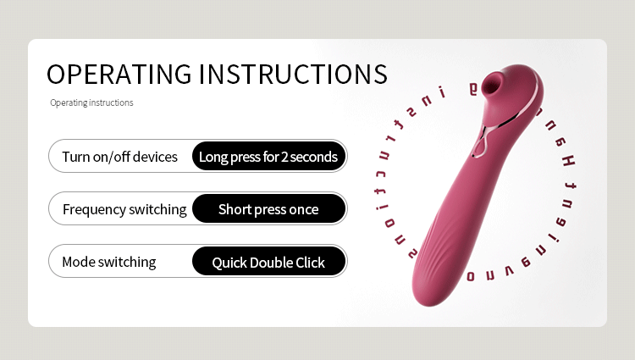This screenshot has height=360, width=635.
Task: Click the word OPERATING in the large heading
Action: [118, 74]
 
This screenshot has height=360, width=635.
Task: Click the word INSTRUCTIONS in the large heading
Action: [293, 74]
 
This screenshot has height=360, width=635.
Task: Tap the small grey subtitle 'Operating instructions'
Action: [91, 103]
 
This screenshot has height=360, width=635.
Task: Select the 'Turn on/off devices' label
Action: [120, 157]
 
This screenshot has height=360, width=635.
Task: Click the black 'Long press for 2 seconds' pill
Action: [268, 157]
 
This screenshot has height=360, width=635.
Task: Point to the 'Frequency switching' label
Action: [124, 209]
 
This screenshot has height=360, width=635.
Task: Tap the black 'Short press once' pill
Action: [268, 209]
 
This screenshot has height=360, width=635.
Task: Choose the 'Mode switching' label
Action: [109, 262]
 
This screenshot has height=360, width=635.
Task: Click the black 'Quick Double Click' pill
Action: [268, 263]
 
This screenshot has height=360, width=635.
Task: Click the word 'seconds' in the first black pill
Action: [315, 157]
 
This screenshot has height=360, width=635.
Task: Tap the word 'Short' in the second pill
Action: [235, 209]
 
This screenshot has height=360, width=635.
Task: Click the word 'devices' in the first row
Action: [155, 157]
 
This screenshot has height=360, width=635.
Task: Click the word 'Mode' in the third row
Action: [78, 262]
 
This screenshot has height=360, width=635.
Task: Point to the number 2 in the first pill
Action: [284, 157]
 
